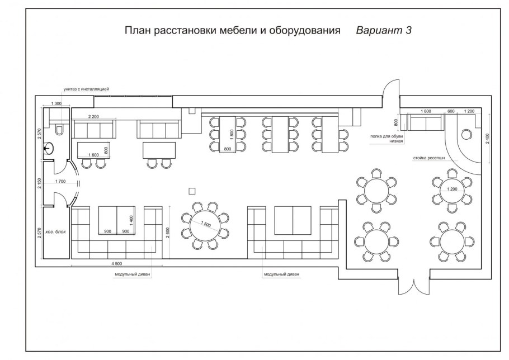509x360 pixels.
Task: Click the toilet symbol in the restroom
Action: pos(60,128)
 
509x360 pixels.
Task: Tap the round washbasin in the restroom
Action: pos(50,148)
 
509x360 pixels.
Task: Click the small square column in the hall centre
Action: pos(192,191)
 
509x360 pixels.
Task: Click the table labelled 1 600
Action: pos(94,149)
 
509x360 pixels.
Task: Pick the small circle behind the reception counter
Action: pos(465,135)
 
